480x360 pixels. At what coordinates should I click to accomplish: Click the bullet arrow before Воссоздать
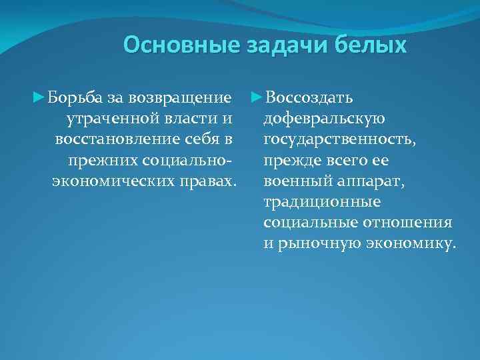point(257,99)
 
